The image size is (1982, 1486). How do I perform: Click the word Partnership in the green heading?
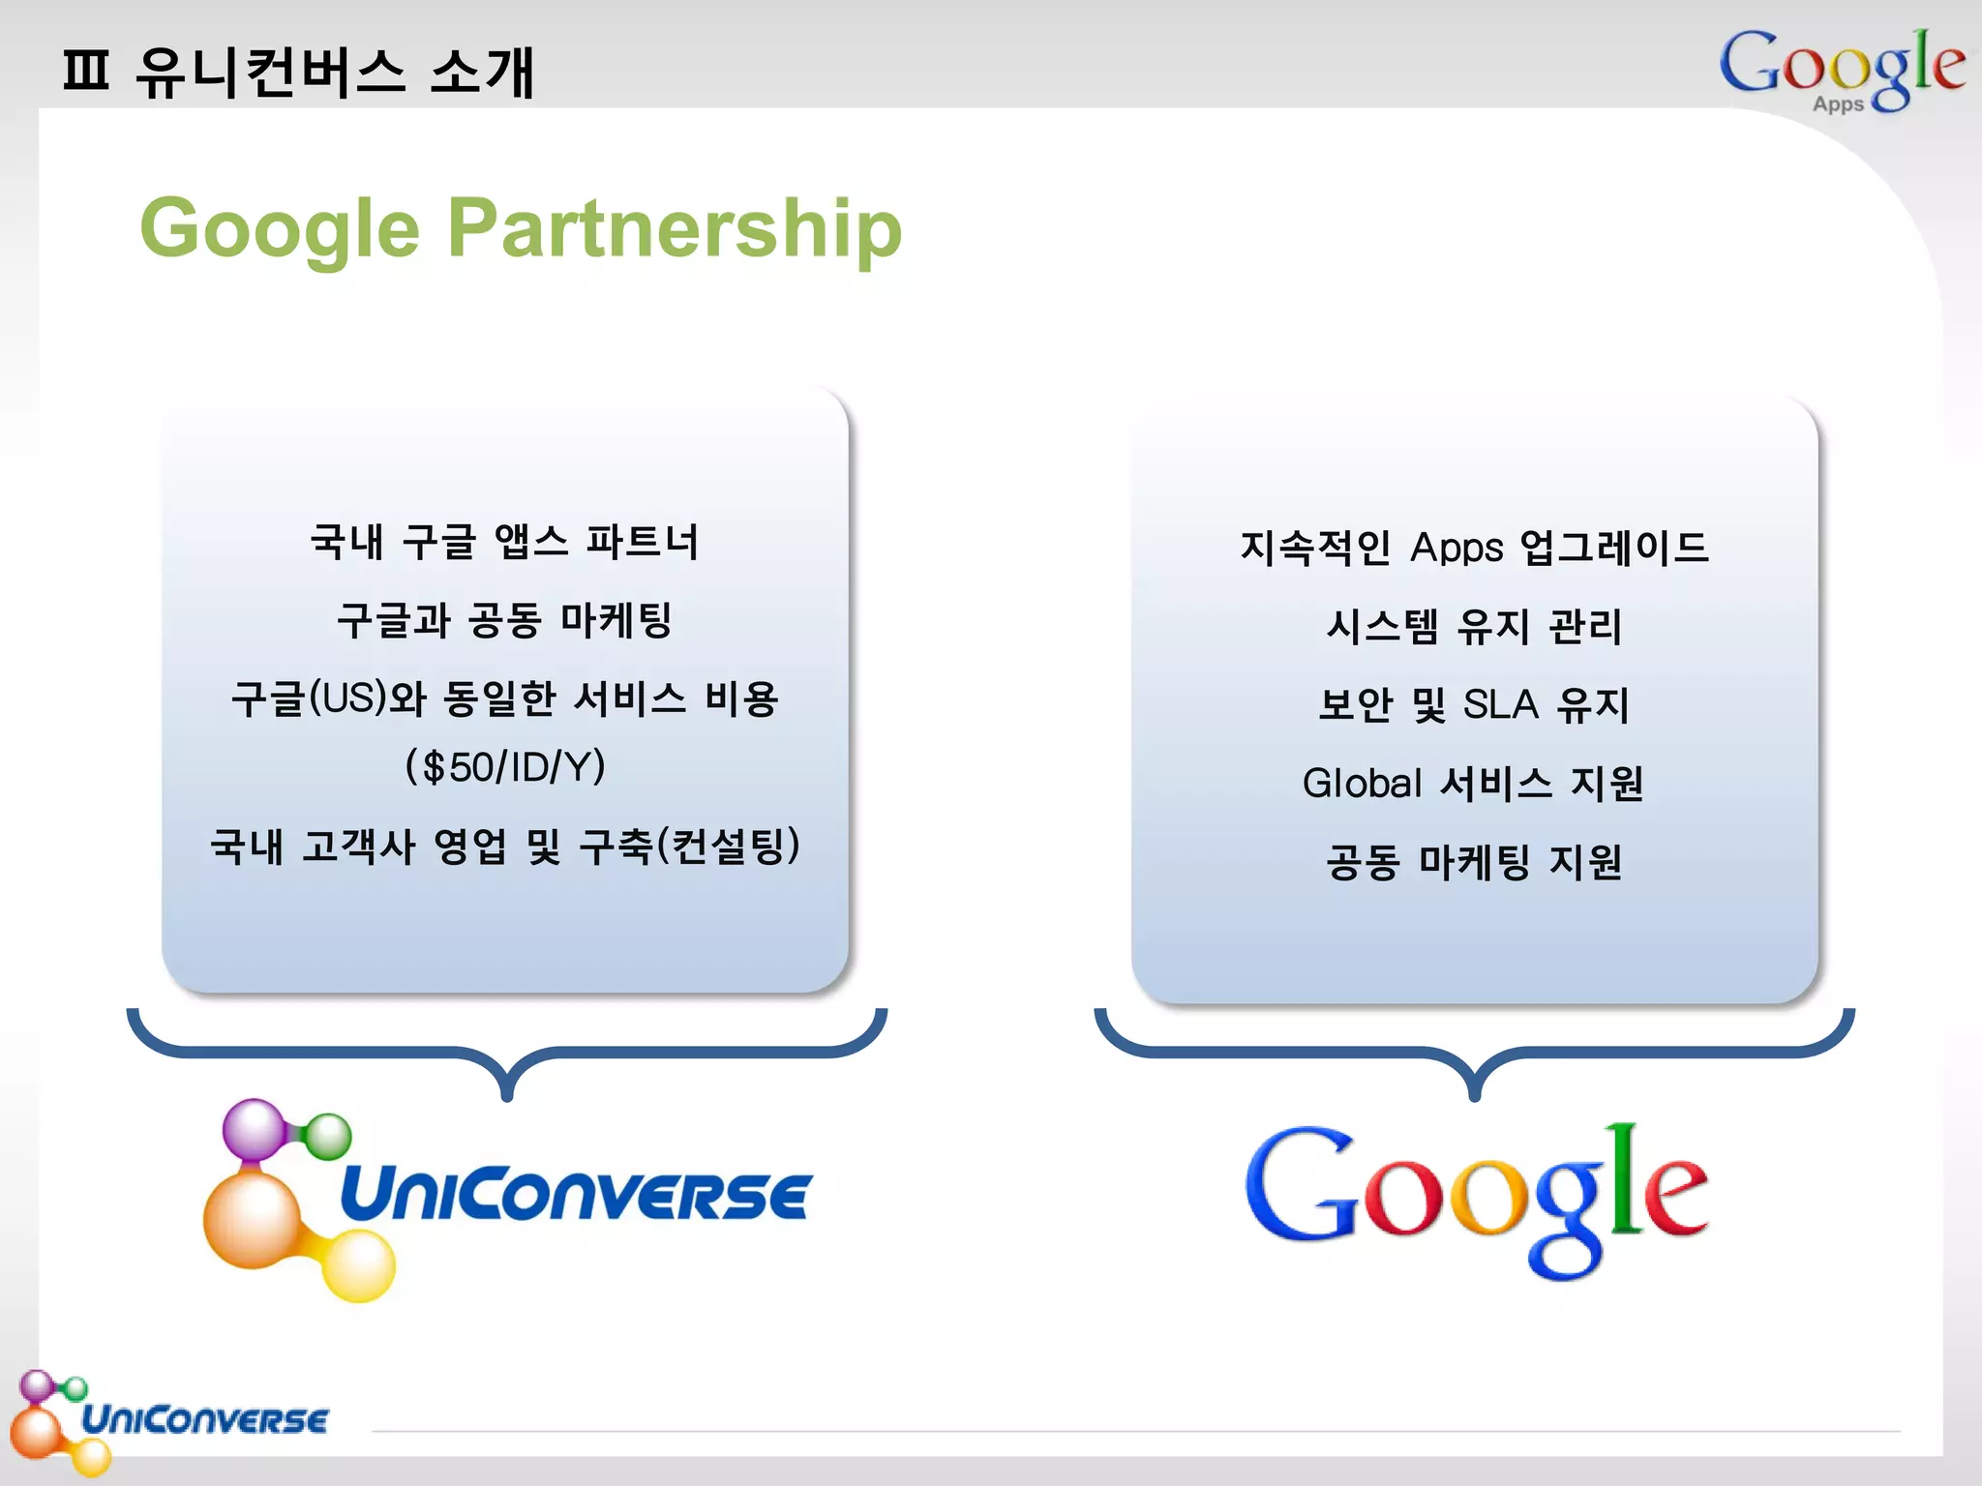[675, 229]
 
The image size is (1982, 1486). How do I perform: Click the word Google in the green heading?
[280, 229]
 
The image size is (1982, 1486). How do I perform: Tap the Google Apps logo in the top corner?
[1841, 69]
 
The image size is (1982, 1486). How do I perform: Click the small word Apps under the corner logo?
[1838, 104]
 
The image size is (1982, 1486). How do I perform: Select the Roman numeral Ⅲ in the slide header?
[85, 72]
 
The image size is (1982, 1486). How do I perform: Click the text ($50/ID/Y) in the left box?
[505, 767]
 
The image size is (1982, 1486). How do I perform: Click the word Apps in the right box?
[1456, 548]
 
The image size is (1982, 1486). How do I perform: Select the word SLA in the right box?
[1500, 704]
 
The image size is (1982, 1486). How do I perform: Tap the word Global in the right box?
[1362, 783]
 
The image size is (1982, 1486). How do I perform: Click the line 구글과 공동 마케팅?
[505, 620]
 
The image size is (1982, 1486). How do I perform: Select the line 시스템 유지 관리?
[1474, 626]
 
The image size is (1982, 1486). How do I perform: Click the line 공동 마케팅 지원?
[1474, 861]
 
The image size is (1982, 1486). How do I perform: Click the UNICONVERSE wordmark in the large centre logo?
[575, 1196]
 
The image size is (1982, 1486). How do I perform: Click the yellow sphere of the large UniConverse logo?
[359, 1265]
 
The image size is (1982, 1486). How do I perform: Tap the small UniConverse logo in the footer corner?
[169, 1419]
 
